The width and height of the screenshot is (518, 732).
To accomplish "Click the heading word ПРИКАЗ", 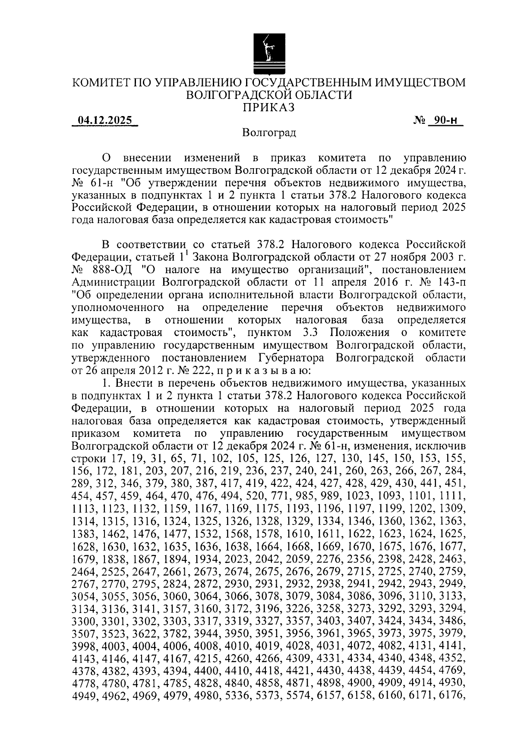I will tap(268, 108).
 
